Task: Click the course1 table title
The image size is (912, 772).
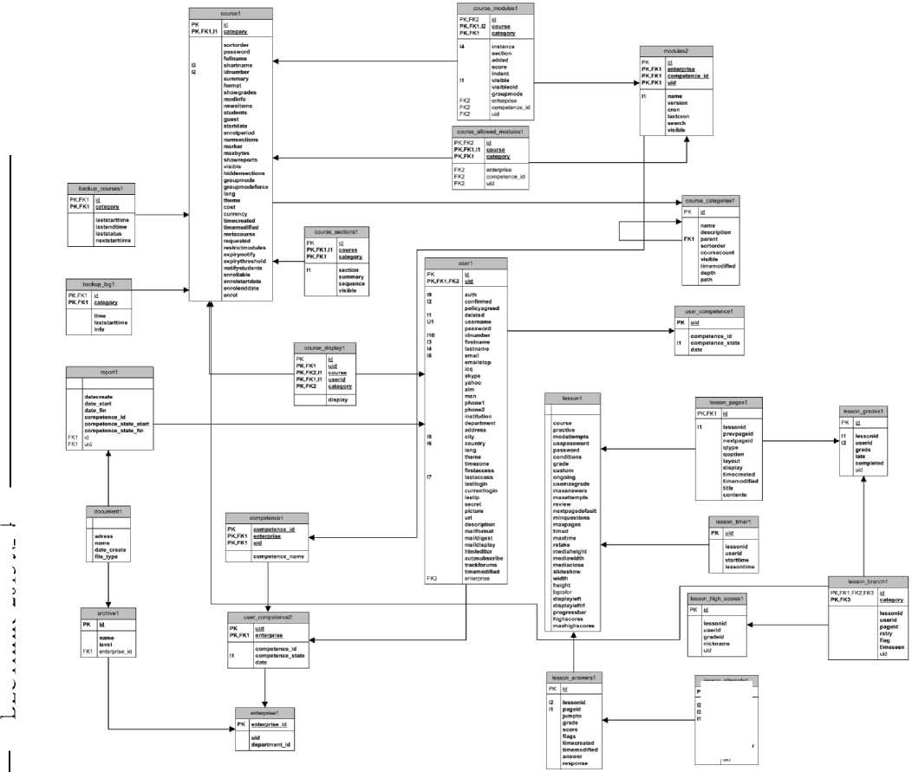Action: (231, 13)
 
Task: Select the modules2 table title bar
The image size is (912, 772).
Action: (676, 50)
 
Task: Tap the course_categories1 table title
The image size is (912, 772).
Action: (710, 200)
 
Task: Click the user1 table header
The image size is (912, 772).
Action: (466, 263)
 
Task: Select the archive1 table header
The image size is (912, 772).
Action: (108, 613)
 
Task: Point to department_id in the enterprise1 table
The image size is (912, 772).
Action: (270, 744)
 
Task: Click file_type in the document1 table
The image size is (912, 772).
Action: (107, 557)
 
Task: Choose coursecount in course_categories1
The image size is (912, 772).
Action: (718, 252)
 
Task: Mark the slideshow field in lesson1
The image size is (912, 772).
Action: (567, 571)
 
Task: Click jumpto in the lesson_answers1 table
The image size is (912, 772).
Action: (577, 716)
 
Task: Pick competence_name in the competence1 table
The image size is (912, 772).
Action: (279, 556)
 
